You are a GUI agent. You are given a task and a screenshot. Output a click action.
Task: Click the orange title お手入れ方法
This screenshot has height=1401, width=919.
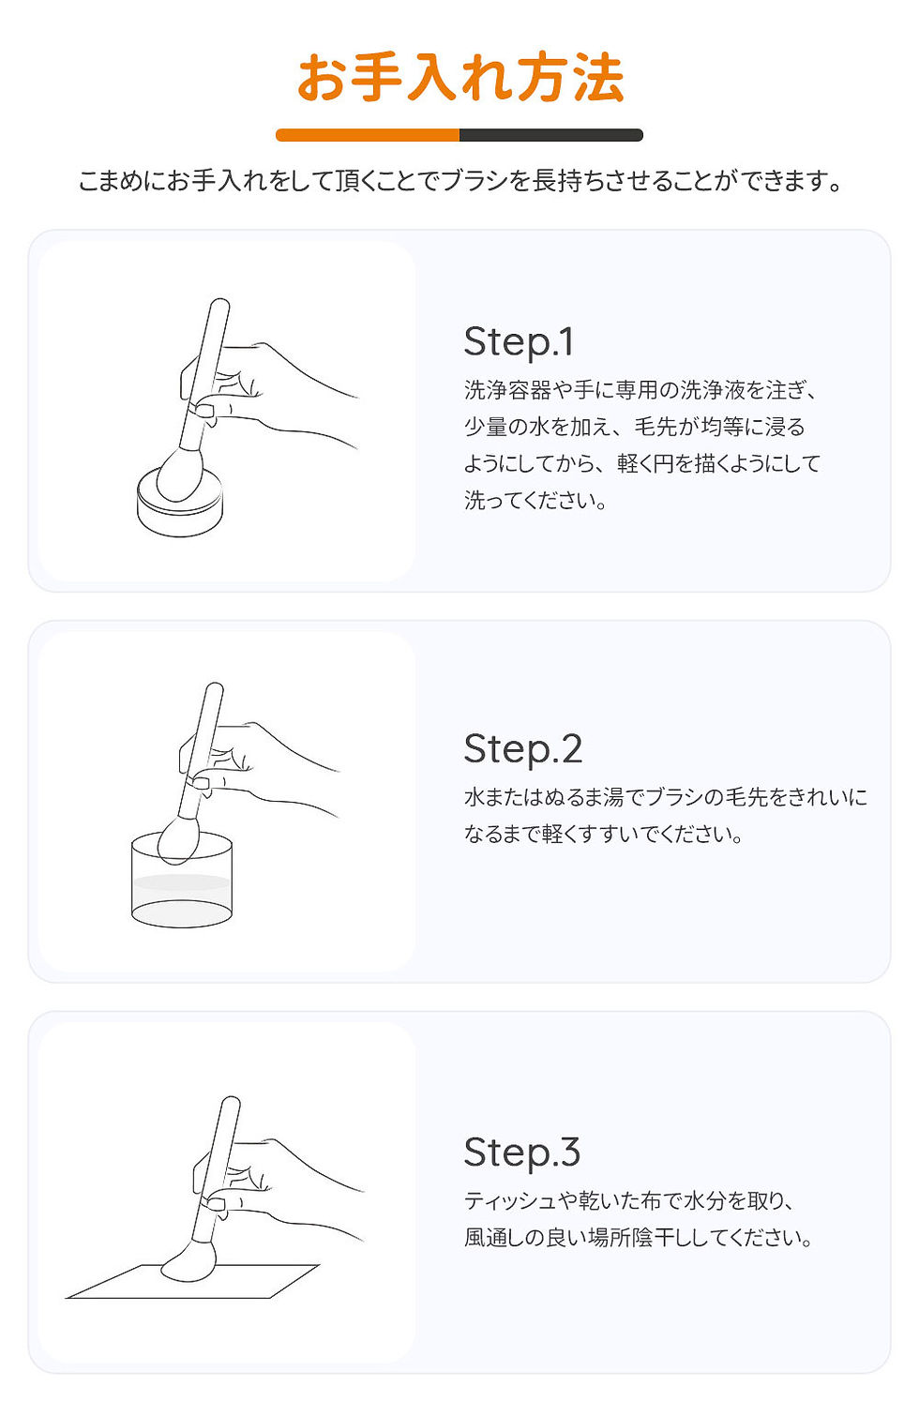(459, 78)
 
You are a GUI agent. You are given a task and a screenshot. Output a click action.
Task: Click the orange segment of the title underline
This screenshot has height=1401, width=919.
(367, 135)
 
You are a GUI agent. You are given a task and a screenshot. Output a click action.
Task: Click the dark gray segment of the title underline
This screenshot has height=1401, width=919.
(550, 135)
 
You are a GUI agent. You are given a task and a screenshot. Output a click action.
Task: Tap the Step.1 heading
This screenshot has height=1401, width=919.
(519, 341)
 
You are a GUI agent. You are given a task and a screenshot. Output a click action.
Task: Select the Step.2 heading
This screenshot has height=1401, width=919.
(522, 748)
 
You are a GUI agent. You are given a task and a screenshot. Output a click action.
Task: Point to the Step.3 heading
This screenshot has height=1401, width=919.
(521, 1152)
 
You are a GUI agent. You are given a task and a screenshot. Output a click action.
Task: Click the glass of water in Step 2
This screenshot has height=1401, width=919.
(181, 891)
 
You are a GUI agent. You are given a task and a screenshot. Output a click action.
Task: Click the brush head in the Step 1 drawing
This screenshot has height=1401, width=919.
(179, 475)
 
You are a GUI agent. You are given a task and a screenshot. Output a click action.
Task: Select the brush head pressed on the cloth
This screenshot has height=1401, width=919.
(189, 1261)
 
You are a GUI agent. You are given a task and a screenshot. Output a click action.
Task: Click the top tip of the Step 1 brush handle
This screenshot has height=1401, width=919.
(220, 305)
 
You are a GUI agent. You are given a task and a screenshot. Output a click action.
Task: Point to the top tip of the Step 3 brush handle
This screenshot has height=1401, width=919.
(231, 1103)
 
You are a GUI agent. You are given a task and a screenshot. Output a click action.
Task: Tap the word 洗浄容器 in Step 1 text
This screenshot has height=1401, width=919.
(507, 390)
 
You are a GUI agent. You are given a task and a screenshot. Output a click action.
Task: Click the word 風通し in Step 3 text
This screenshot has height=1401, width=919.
(497, 1238)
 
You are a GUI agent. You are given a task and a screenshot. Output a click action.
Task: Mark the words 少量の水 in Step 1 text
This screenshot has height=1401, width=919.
(506, 427)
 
